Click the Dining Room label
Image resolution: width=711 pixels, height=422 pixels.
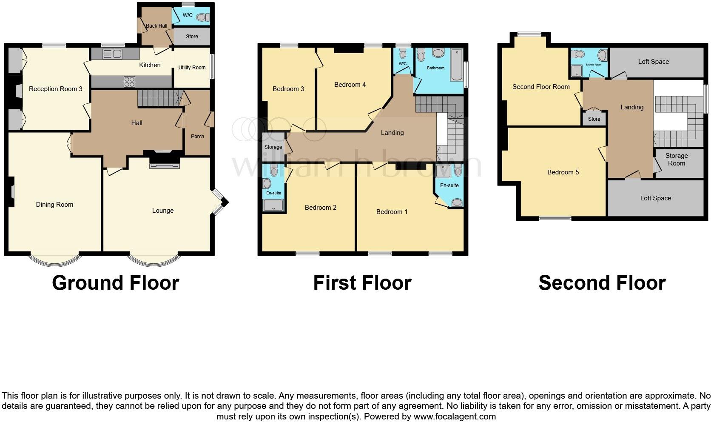coord(54,205)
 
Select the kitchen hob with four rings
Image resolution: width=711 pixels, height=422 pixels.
coord(129,81)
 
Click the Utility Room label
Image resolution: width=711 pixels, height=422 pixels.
coord(192,68)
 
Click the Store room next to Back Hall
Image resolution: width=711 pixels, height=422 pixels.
coord(192,37)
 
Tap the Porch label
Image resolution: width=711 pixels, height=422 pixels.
coord(197,137)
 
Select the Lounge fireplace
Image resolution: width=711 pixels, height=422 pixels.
coord(164,162)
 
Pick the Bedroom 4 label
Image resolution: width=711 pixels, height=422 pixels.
coord(350,85)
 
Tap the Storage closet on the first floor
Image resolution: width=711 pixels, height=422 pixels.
coord(273,147)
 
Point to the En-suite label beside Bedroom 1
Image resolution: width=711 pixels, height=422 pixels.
coord(449,185)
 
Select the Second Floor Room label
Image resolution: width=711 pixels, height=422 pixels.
coord(540,87)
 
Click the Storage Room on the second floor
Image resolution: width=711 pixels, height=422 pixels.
coord(676,160)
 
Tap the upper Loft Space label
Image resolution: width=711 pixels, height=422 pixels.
coord(653,62)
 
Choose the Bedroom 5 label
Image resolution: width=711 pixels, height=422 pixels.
coord(563,172)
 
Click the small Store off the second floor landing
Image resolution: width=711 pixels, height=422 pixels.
coord(594,119)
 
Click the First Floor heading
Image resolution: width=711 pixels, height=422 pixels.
coord(362,283)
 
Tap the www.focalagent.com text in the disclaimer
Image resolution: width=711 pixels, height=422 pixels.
coord(454,416)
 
